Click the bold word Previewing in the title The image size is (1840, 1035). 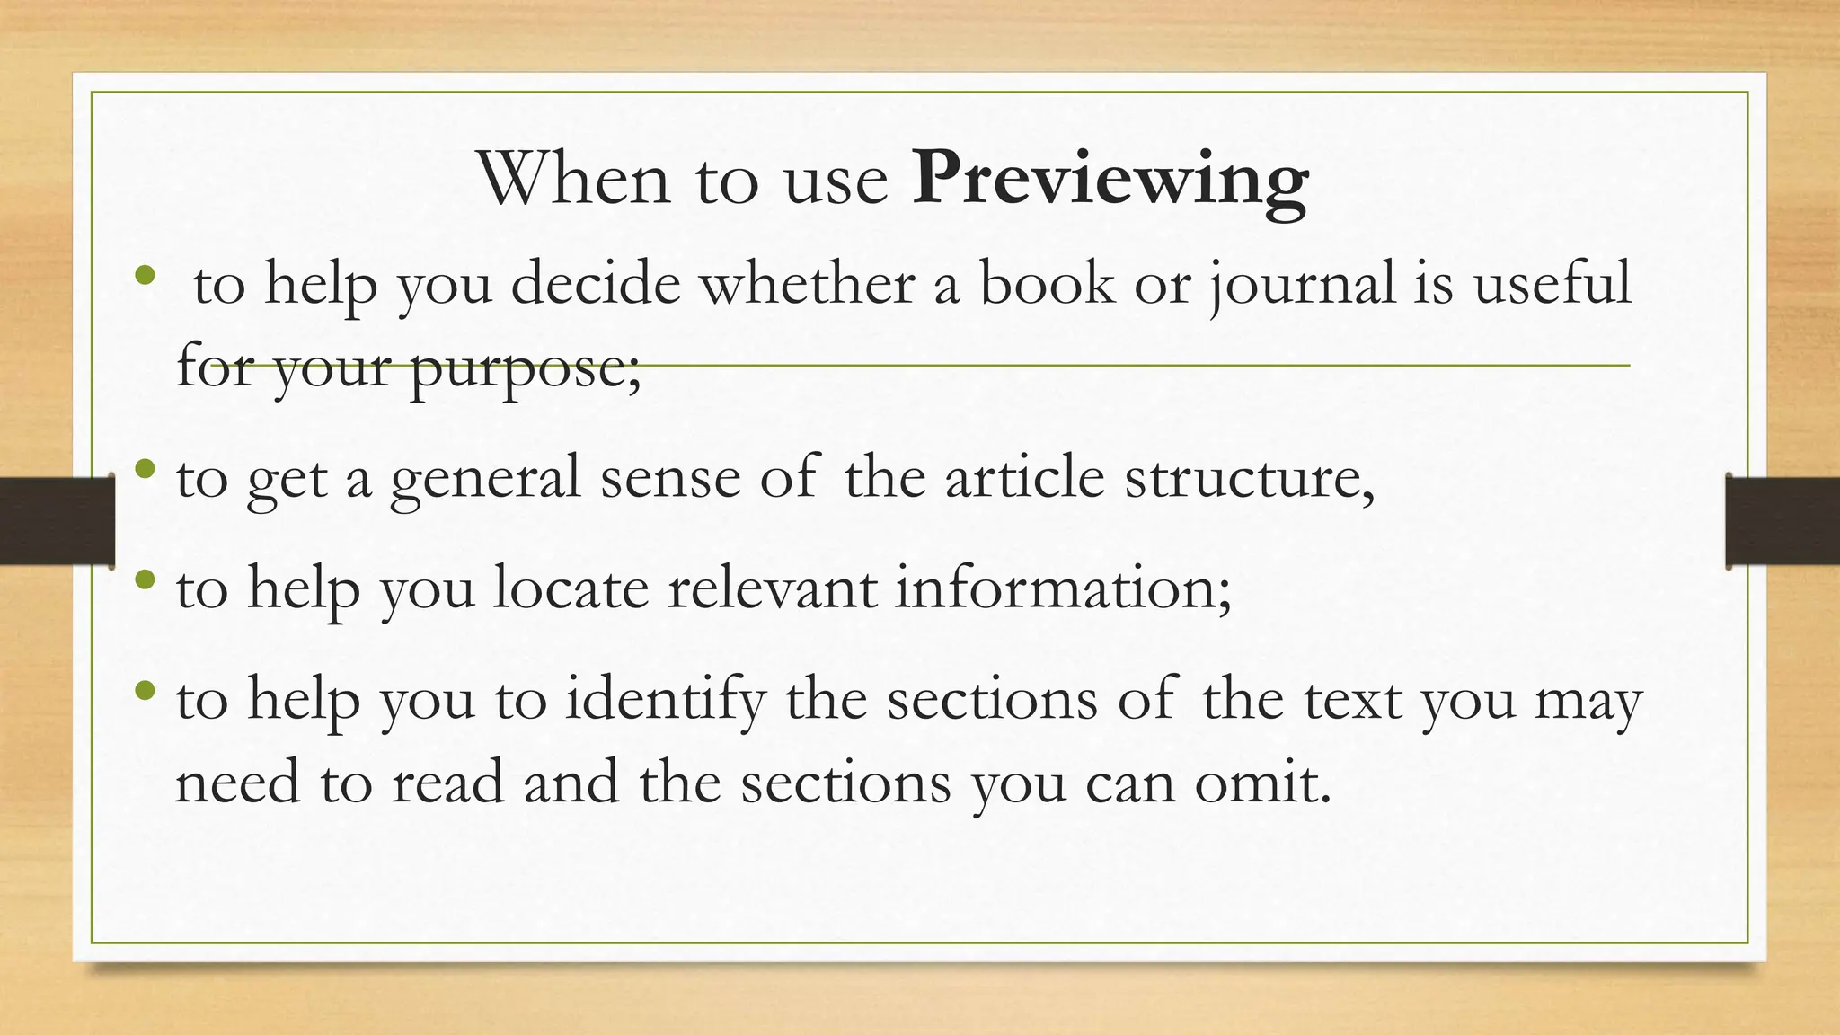pyautogui.click(x=1110, y=180)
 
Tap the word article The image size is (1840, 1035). pyautogui.click(x=1024, y=477)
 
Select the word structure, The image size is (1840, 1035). pyautogui.click(x=1250, y=479)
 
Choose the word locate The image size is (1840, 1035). pyautogui.click(x=571, y=588)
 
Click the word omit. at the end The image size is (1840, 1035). pyautogui.click(x=1262, y=783)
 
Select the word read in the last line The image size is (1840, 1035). pyautogui.click(x=447, y=783)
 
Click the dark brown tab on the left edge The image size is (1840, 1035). pyautogui.click(x=56, y=521)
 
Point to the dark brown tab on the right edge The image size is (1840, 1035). pyautogui.click(x=1782, y=521)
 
